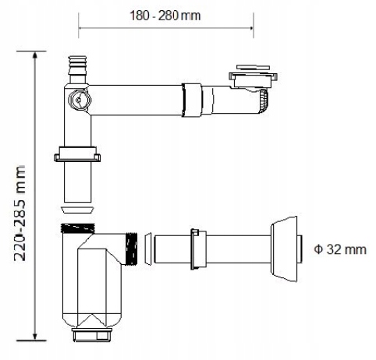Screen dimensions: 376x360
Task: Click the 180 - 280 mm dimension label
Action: [x=165, y=16]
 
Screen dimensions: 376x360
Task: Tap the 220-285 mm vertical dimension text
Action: [x=20, y=213]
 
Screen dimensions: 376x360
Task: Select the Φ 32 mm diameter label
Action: [x=340, y=249]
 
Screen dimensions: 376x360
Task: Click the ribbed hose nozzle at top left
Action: [x=77, y=69]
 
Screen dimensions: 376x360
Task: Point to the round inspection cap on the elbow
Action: [x=80, y=100]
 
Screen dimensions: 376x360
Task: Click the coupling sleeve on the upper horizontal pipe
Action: [x=192, y=101]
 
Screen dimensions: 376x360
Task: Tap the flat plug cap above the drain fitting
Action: [x=253, y=68]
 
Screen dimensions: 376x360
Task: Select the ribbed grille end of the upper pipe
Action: [x=263, y=101]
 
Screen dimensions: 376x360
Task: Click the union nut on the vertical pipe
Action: [x=77, y=154]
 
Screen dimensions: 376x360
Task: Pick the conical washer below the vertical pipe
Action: [x=77, y=210]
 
